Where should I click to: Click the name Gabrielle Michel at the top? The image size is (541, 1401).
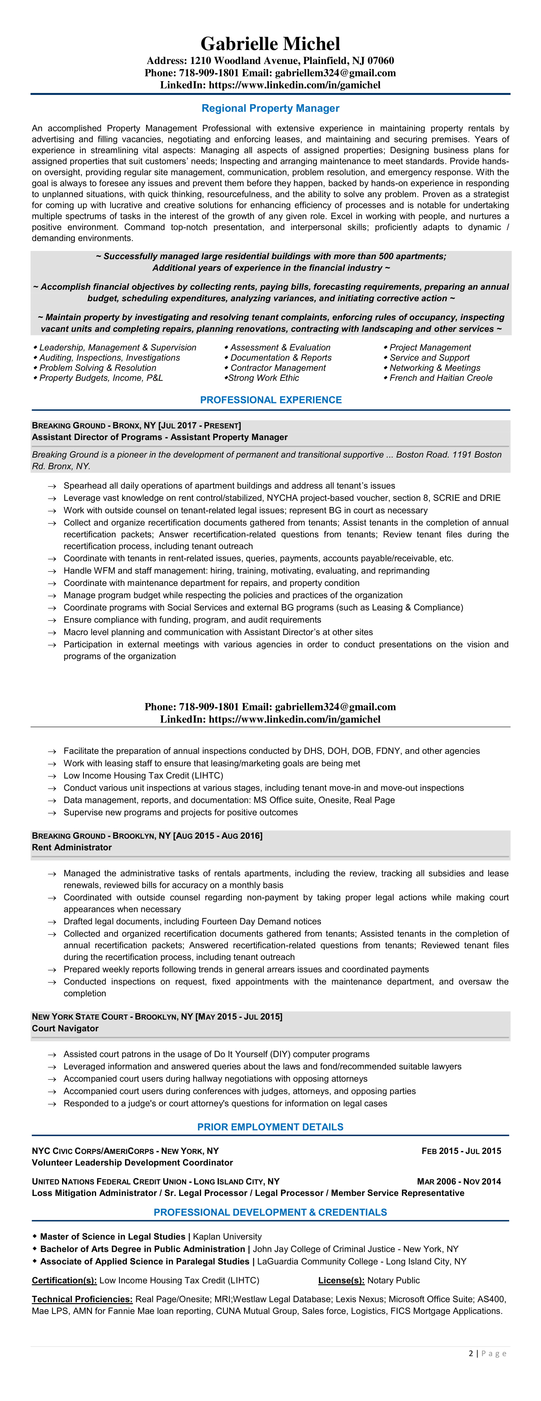tap(270, 44)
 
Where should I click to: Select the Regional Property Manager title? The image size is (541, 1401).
tap(270, 108)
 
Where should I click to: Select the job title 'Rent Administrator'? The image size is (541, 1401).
tap(72, 847)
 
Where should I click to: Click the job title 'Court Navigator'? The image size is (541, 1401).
tap(65, 1028)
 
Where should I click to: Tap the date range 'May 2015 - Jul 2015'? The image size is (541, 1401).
tap(239, 1016)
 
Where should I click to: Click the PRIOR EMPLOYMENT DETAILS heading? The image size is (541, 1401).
tap(270, 1127)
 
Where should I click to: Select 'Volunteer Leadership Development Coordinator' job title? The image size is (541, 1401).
tap(132, 1163)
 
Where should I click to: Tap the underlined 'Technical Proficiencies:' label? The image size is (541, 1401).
tap(82, 1299)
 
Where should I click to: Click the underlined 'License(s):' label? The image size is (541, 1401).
tap(341, 1280)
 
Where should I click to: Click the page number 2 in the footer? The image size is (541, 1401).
tap(471, 1354)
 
